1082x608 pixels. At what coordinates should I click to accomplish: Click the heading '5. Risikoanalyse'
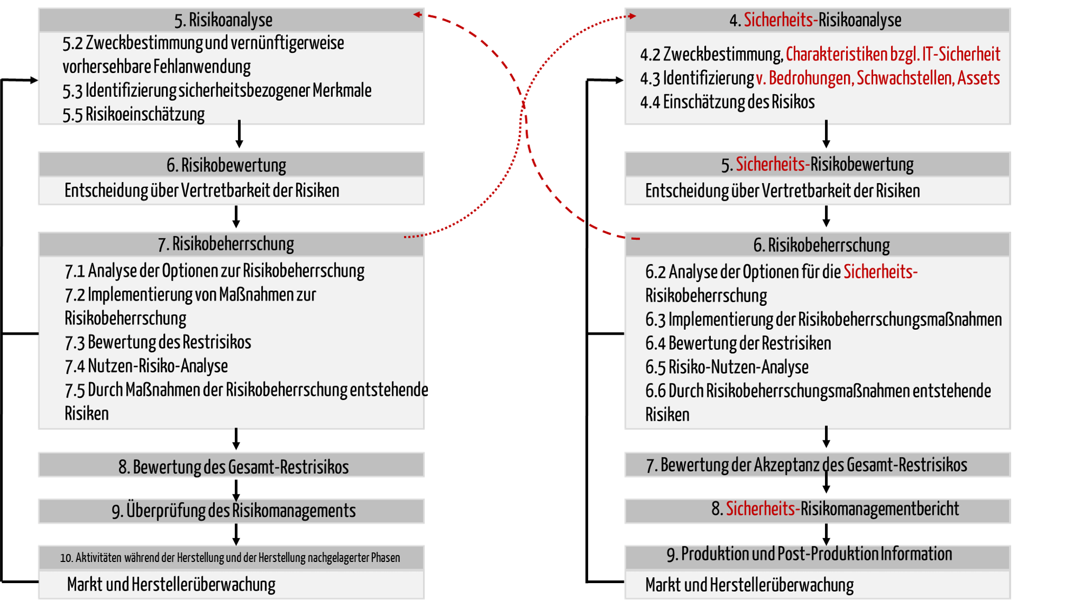click(223, 20)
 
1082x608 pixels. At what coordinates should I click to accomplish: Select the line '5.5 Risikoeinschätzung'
click(134, 114)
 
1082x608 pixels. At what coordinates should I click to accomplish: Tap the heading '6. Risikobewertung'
click(226, 165)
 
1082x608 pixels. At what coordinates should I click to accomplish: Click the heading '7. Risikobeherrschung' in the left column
click(226, 244)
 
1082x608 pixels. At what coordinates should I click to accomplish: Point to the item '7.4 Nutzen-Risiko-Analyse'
click(146, 366)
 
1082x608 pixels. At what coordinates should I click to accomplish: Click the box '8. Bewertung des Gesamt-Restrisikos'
click(232, 465)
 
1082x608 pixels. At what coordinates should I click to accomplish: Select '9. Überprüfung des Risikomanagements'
click(234, 511)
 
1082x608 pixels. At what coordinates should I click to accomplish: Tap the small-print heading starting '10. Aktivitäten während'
click(230, 558)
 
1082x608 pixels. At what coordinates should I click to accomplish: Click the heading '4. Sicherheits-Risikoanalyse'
click(815, 20)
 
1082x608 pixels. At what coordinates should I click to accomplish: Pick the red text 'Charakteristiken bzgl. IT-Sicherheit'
click(893, 54)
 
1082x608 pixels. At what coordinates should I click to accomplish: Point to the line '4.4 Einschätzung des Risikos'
click(727, 102)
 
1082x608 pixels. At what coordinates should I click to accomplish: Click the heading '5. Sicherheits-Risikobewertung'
click(817, 165)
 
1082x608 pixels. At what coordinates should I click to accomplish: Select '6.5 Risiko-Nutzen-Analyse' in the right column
click(727, 367)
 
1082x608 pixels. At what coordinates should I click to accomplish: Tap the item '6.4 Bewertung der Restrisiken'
click(738, 343)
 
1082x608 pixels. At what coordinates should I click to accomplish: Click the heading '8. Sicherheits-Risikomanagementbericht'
click(835, 509)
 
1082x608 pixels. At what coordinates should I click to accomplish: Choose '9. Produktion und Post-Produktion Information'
click(809, 554)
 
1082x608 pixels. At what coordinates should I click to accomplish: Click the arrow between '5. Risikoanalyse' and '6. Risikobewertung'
click(239, 134)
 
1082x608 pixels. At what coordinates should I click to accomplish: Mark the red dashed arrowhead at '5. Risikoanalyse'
click(418, 15)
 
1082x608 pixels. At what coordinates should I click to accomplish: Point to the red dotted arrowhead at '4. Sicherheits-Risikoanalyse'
click(631, 16)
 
